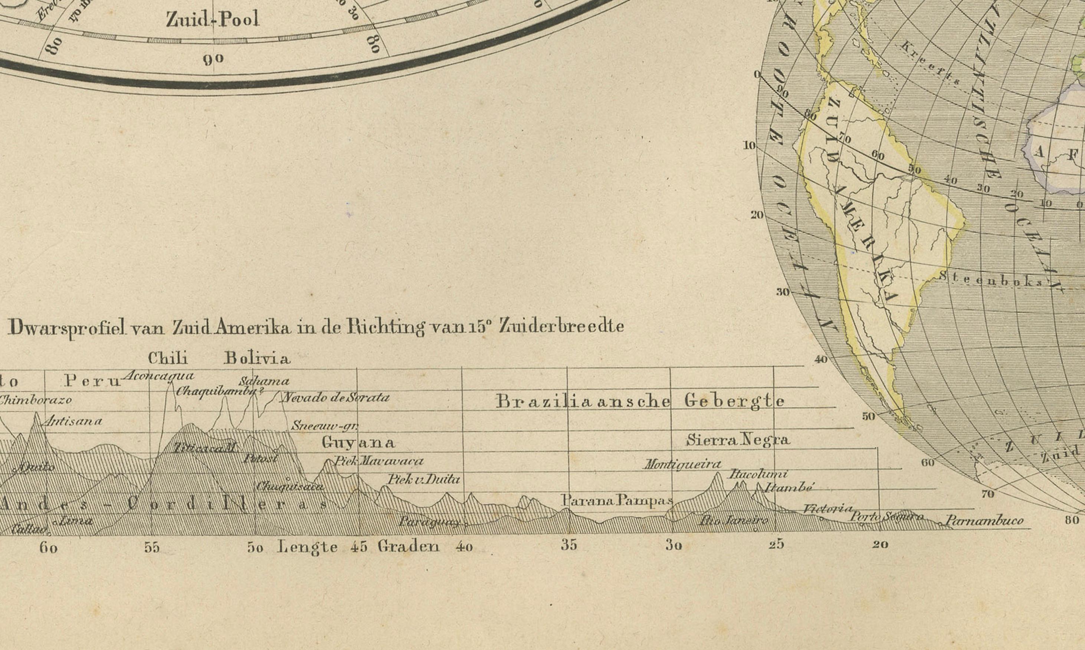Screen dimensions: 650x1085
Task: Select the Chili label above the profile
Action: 168,359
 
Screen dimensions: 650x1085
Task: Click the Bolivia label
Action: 257,359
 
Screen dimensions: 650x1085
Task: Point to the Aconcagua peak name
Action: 158,376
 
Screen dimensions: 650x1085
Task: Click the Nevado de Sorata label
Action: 335,398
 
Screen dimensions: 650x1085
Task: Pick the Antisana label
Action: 73,421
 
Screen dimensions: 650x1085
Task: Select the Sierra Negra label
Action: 738,440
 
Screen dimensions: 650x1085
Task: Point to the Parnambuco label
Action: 984,521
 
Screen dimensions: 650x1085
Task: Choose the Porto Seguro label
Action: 886,517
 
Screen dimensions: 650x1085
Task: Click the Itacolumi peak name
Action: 758,474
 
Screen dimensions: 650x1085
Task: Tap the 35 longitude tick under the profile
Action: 569,545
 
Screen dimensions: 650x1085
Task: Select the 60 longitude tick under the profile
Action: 48,548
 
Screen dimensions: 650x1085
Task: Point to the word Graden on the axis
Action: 408,546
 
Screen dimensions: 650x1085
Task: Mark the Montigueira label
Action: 682,464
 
